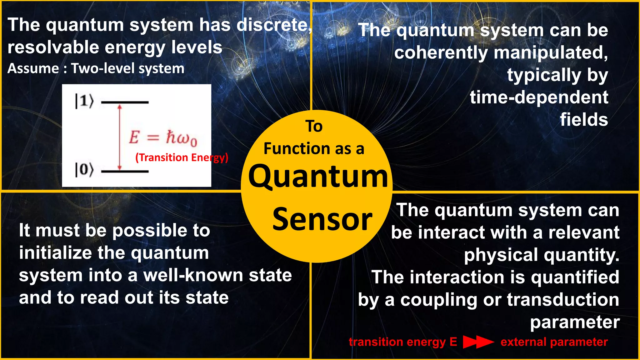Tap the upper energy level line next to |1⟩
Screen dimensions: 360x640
click(x=125, y=102)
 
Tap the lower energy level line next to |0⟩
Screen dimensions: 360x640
click(x=125, y=171)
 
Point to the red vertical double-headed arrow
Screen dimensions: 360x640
click(x=119, y=137)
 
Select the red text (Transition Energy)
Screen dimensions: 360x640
click(x=182, y=157)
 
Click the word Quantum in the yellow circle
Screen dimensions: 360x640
click(x=318, y=177)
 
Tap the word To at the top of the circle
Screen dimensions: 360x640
click(x=314, y=126)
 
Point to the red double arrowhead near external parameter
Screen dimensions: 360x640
click(x=478, y=342)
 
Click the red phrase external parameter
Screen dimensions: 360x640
click(x=554, y=342)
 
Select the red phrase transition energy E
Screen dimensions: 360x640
click(x=403, y=342)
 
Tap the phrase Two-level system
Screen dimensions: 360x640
click(x=127, y=68)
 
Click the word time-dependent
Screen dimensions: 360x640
click(x=539, y=97)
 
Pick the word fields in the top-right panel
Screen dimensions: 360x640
click(x=584, y=120)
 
